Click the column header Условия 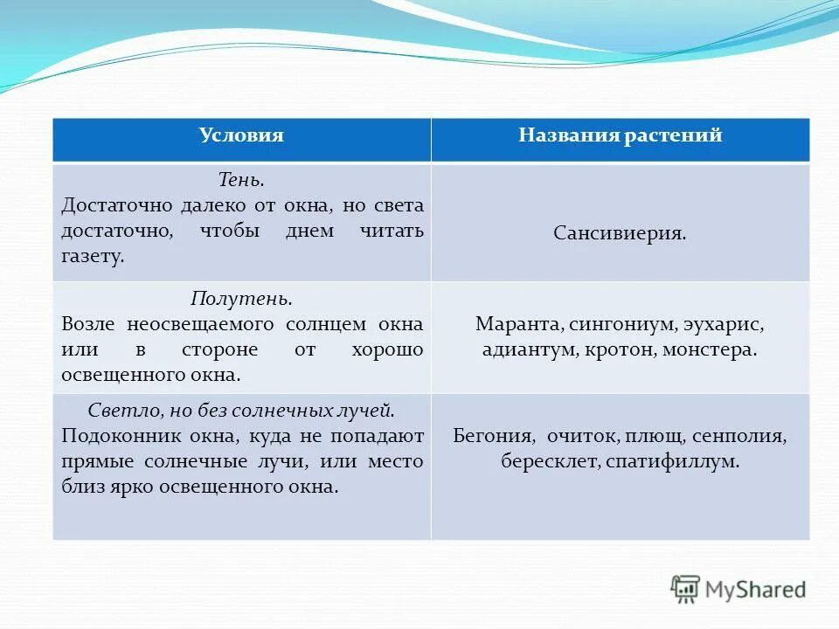[x=241, y=136]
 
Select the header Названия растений [x=620, y=136]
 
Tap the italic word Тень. [x=241, y=180]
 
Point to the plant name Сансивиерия [x=620, y=234]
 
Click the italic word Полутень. [x=241, y=299]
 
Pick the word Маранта [x=518, y=324]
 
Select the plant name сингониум [x=620, y=324]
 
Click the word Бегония [x=493, y=435]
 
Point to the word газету [x=94, y=257]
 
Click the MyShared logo [x=738, y=589]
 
